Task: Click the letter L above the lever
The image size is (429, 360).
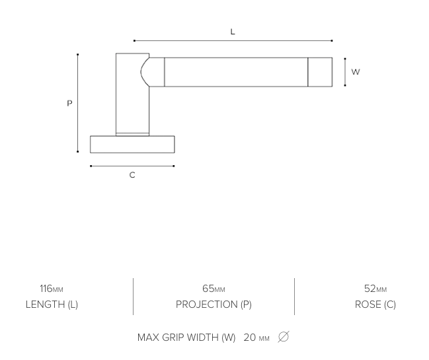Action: [233, 32]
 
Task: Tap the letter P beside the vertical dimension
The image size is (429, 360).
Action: [70, 103]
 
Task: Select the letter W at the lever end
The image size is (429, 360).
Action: [356, 72]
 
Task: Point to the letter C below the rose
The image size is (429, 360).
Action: [132, 175]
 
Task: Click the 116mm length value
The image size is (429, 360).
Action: [52, 289]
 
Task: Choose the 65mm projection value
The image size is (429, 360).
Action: [214, 289]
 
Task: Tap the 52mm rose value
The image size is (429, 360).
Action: [375, 289]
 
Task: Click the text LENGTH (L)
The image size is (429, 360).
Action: [52, 305]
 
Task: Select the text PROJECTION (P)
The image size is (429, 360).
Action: [214, 305]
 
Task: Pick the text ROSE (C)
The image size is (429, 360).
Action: [375, 305]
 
